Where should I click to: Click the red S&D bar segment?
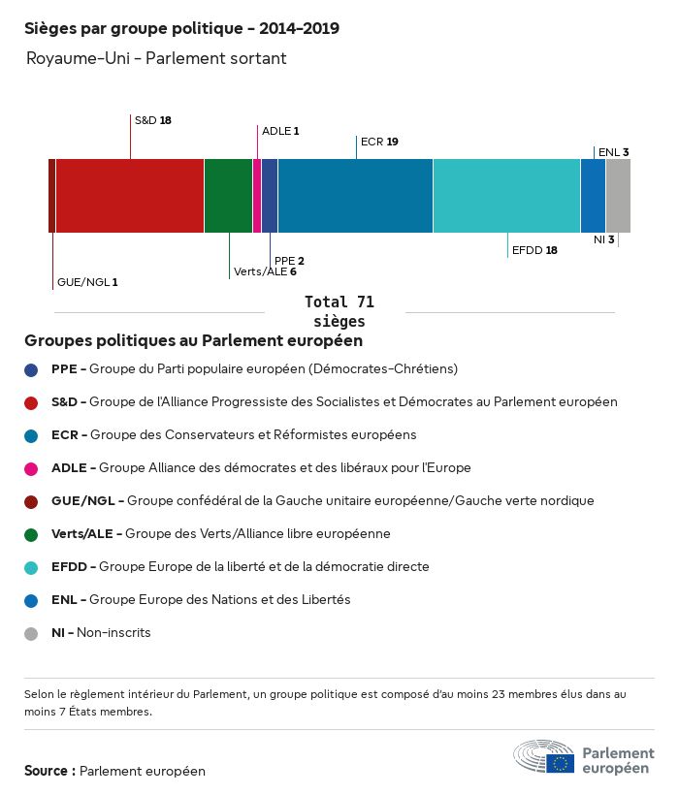(x=130, y=196)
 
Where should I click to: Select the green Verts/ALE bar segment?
(x=228, y=196)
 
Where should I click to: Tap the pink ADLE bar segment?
(x=257, y=196)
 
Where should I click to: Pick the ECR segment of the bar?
(x=355, y=196)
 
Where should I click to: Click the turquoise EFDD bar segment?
(x=506, y=196)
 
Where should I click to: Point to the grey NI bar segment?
(x=618, y=196)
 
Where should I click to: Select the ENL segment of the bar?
(x=594, y=196)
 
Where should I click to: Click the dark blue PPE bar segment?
(x=270, y=196)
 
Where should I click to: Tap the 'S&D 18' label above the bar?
(x=152, y=120)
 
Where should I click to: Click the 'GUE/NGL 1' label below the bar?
(x=87, y=282)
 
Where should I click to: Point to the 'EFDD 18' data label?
(x=534, y=250)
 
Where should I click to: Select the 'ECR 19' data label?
(x=379, y=142)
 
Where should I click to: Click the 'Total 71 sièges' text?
(x=339, y=312)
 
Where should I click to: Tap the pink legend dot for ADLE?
(x=31, y=469)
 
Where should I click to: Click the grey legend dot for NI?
(x=31, y=634)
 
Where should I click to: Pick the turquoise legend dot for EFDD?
(x=31, y=568)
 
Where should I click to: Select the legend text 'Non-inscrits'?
(x=113, y=633)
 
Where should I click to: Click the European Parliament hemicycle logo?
(x=543, y=756)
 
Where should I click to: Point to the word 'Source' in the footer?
(x=46, y=771)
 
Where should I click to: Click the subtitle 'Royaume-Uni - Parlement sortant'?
(x=156, y=58)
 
